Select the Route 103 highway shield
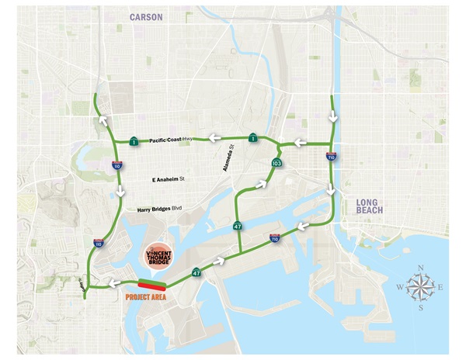pyautogui.click(x=276, y=163)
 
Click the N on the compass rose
pyautogui.click(x=421, y=268)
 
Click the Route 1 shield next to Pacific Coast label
pyautogui.click(x=135, y=141)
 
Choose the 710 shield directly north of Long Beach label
pyautogui.click(x=332, y=156)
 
